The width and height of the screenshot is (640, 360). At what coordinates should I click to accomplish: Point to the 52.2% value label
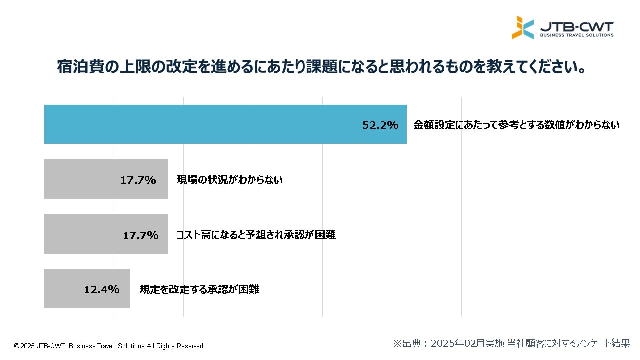point(380,125)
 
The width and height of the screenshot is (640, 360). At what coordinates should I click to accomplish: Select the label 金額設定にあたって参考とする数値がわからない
point(516,125)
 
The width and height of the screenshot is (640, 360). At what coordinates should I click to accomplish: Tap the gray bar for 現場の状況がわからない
point(80,179)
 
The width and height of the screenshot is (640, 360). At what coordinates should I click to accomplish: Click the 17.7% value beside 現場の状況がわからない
point(138,180)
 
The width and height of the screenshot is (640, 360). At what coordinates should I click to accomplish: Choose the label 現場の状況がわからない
point(230,180)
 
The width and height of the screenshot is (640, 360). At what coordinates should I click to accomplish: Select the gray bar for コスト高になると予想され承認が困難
point(80,234)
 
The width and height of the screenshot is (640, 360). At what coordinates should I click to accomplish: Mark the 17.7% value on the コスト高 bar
point(141,235)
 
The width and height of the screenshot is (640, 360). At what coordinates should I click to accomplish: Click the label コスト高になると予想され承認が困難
point(256,235)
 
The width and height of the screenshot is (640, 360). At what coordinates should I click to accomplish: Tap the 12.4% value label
point(102,289)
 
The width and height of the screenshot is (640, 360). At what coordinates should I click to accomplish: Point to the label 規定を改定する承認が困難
point(199,289)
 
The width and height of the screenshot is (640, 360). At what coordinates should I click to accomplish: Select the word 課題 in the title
point(320,67)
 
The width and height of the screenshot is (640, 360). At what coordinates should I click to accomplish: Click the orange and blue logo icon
point(522,28)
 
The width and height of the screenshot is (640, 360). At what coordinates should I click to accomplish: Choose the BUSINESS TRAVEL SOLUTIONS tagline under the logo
point(576,35)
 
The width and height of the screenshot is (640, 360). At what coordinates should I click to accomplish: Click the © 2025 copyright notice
point(108,346)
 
